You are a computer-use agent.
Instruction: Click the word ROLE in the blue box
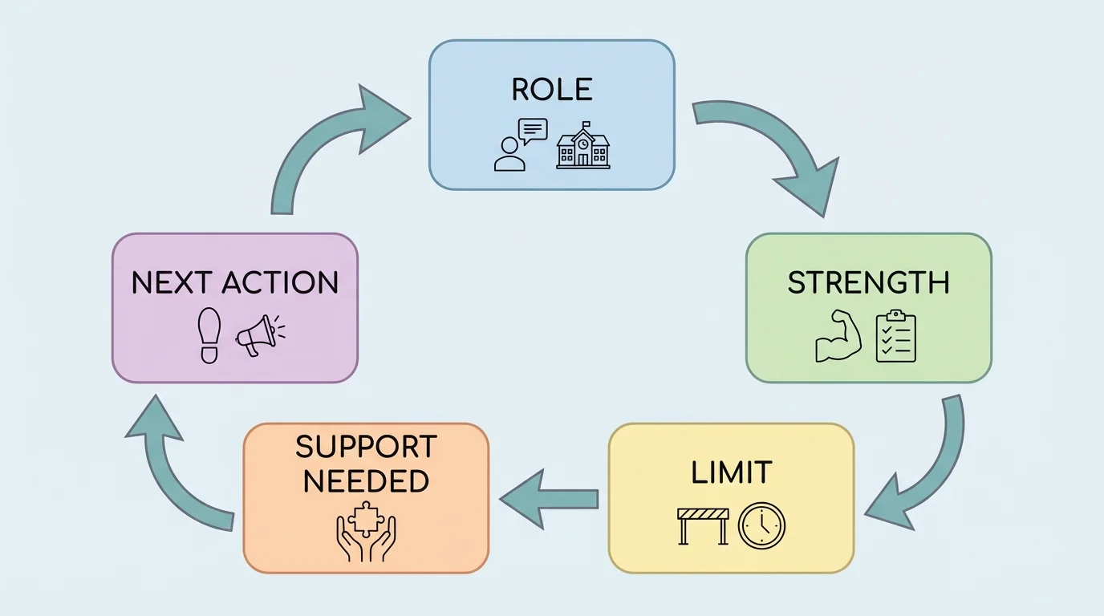tap(552, 90)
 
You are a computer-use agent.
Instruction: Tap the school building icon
tap(583, 146)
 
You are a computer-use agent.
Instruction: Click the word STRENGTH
tap(868, 283)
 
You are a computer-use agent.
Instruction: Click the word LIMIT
tap(731, 473)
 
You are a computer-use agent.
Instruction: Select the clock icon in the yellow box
tap(761, 526)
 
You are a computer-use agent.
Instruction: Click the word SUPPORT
tap(366, 447)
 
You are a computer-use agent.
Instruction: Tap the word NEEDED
tap(366, 481)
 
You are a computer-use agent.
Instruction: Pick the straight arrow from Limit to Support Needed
tap(550, 499)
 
